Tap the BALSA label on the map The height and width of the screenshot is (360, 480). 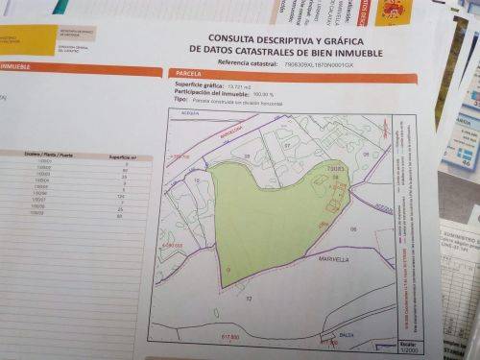click(329, 333)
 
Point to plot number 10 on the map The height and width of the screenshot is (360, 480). click(196, 180)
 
